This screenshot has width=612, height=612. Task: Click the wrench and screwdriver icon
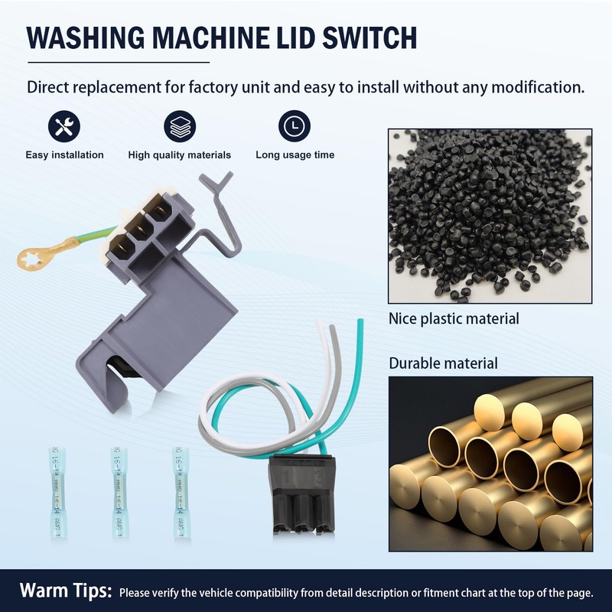point(64,126)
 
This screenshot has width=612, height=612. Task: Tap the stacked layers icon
point(179,126)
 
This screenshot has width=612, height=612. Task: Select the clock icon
point(295,126)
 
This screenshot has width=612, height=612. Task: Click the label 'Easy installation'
point(64,155)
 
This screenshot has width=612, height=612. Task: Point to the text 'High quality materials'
point(179,155)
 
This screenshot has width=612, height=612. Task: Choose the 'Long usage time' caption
point(295,155)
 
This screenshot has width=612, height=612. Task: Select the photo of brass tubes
point(490,464)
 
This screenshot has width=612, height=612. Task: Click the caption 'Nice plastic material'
point(454,318)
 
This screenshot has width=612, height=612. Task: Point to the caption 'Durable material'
point(443,363)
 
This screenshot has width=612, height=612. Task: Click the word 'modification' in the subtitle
point(535,86)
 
